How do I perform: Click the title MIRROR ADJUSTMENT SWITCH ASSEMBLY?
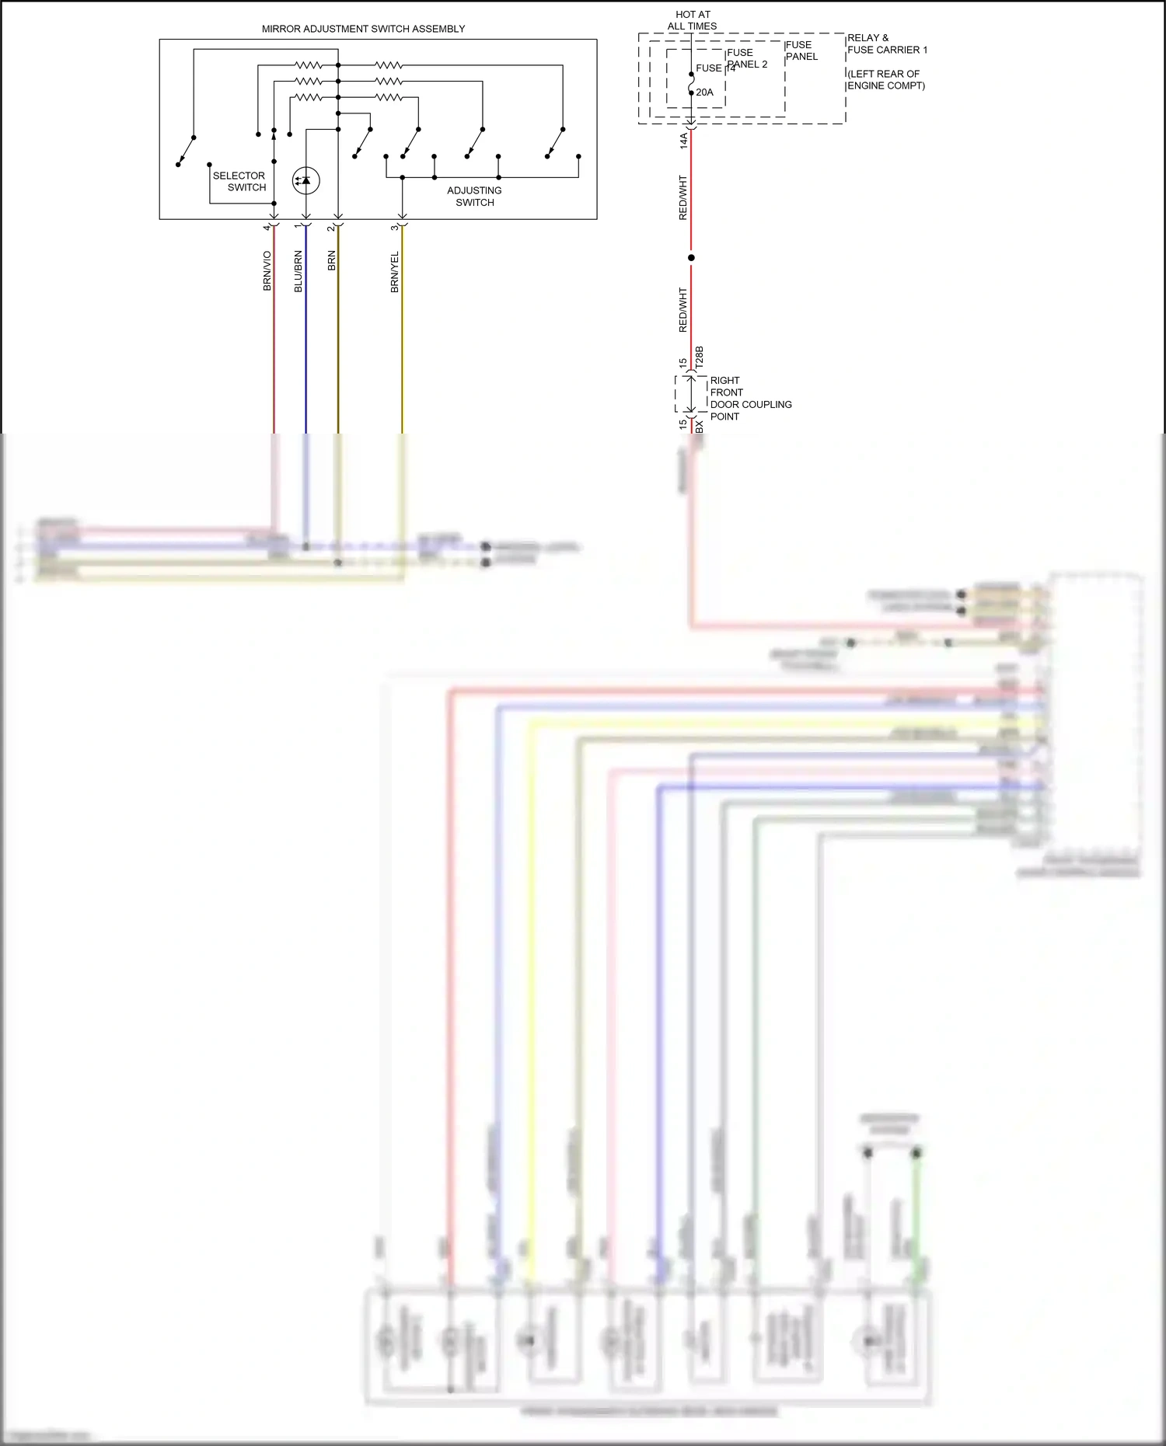(363, 29)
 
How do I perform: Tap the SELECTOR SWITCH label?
(239, 181)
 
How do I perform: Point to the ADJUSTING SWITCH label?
(474, 196)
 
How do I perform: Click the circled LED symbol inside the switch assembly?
(305, 180)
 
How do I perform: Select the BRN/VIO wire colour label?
(267, 271)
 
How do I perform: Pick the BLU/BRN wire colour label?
(298, 271)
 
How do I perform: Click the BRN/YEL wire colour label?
(395, 272)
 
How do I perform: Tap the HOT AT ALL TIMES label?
(693, 20)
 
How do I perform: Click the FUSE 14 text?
(714, 68)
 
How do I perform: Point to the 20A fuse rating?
(704, 92)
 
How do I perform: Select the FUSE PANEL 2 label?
(746, 58)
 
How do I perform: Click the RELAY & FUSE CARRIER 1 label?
(887, 44)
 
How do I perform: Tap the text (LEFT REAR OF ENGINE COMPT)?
(885, 79)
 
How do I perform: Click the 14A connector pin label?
(684, 141)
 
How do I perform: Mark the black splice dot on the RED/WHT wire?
(691, 258)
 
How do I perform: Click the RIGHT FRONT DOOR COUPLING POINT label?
(750, 399)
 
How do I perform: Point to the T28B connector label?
(699, 357)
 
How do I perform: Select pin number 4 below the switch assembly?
(267, 227)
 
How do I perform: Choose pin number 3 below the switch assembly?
(395, 227)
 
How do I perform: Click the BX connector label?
(699, 427)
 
